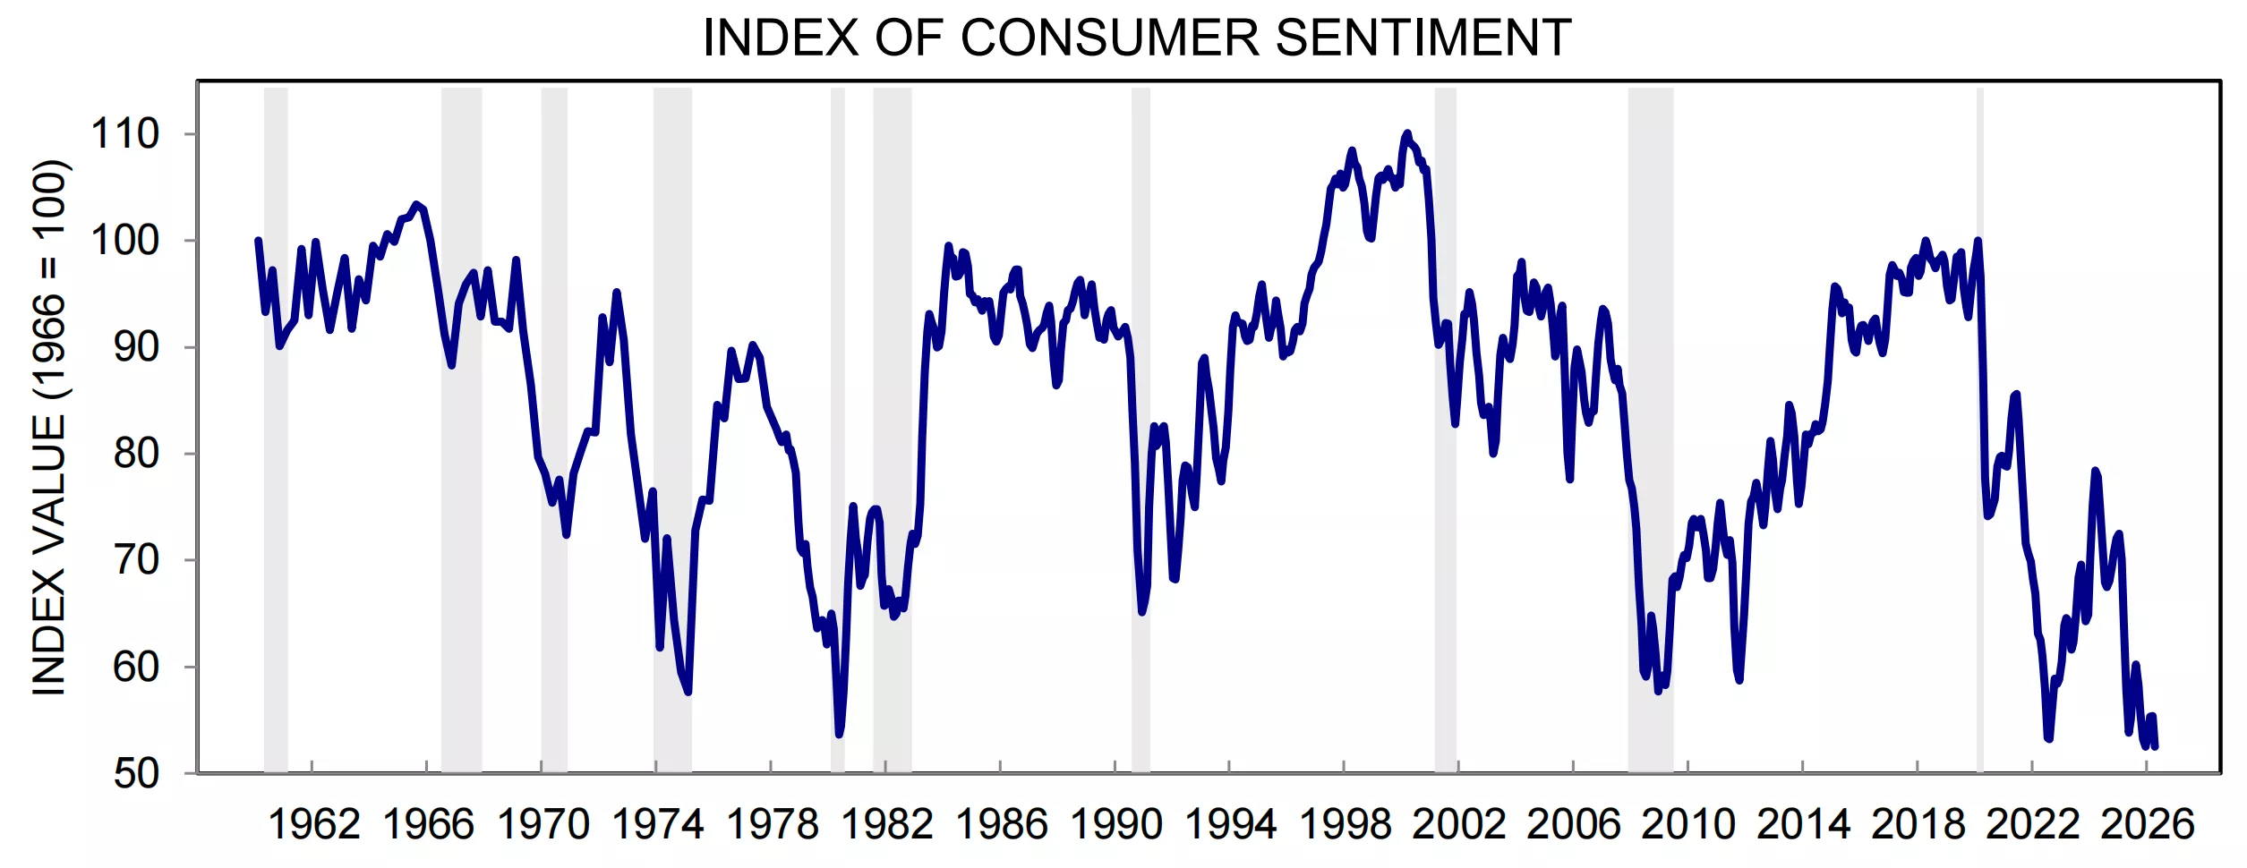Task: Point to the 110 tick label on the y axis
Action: [x=124, y=134]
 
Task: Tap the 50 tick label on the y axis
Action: [x=136, y=774]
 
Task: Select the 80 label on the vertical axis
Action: [x=136, y=454]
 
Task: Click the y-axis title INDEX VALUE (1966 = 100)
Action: [x=49, y=428]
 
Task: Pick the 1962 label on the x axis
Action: [x=313, y=824]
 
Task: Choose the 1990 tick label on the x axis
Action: [x=1115, y=824]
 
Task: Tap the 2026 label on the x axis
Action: [x=2147, y=824]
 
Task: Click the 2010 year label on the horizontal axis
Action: [x=1688, y=824]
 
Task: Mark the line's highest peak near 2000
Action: [x=1406, y=133]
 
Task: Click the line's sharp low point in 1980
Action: [x=839, y=735]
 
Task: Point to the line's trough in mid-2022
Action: [x=2049, y=738]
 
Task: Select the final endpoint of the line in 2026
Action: [x=2155, y=746]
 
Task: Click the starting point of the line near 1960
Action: [x=258, y=240]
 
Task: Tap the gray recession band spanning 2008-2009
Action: [x=1650, y=430]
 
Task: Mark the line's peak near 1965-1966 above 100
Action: [x=415, y=205]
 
